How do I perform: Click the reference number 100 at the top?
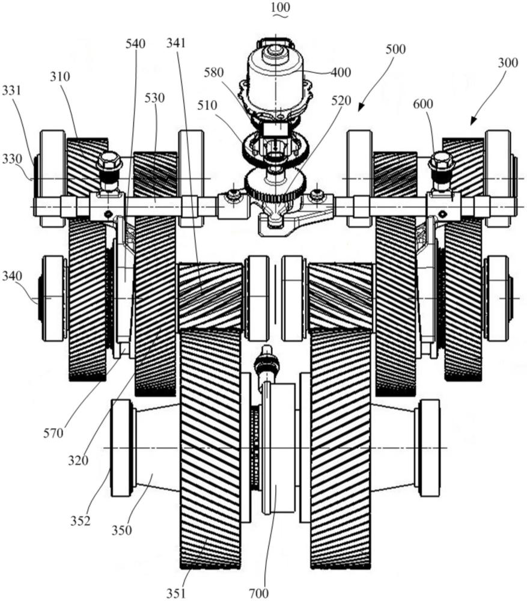point(280,7)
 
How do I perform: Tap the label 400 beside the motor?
point(341,72)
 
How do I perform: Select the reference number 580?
point(213,73)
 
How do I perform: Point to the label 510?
point(207,105)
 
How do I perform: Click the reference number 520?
point(341,101)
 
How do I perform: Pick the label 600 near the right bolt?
point(423,104)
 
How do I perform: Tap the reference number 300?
point(508,63)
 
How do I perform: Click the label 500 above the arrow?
point(395,49)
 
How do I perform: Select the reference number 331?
point(11,91)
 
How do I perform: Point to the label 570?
point(53,433)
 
